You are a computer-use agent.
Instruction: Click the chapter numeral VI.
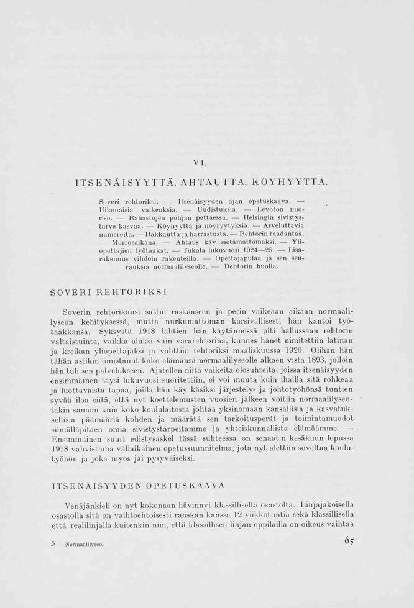tap(197, 163)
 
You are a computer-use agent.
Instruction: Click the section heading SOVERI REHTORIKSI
tap(109, 290)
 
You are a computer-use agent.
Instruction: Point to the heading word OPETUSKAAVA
tap(185, 485)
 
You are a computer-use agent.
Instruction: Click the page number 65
tap(350, 541)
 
